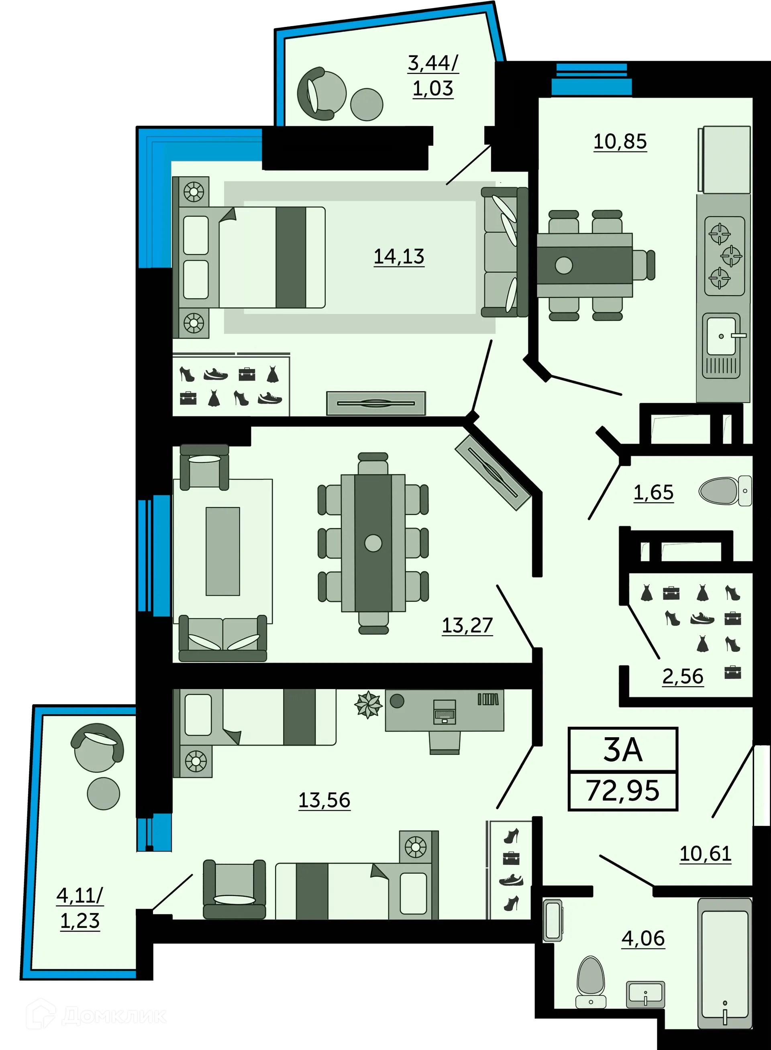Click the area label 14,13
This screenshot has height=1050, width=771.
tap(399, 257)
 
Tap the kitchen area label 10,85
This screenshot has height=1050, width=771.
tap(620, 141)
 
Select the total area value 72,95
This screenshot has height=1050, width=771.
tap(622, 791)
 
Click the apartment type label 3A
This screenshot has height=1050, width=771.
tap(622, 750)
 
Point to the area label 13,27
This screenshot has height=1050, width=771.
tap(467, 625)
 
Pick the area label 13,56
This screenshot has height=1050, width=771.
tap(324, 800)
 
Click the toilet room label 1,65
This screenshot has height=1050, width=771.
tap(653, 492)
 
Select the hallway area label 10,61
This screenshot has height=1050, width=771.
tap(705, 854)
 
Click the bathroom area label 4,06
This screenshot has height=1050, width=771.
tap(643, 938)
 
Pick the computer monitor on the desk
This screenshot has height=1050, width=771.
tap(444, 712)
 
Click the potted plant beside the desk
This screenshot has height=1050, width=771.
tap(368, 705)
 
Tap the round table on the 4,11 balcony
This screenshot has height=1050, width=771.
tap(104, 793)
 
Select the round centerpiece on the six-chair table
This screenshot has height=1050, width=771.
tap(373, 543)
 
